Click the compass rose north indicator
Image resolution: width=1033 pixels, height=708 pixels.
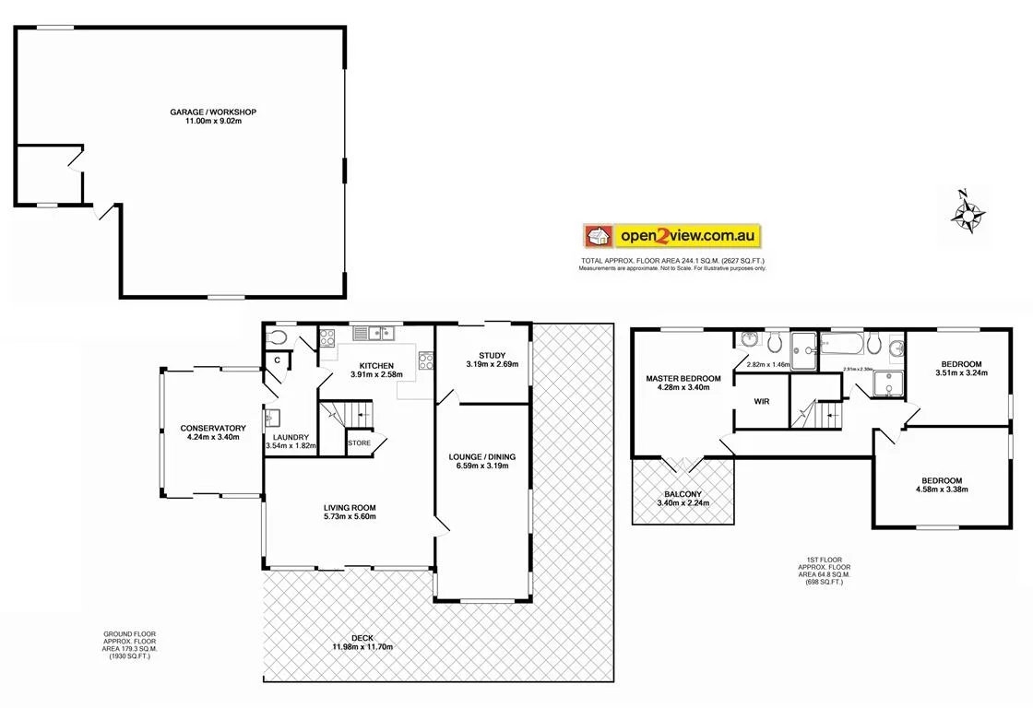[x=963, y=195]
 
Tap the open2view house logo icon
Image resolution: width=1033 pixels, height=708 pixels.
[x=598, y=236]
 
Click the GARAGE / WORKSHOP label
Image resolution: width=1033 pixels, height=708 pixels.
[x=213, y=112]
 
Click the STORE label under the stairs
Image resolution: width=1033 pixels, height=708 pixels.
[x=359, y=443]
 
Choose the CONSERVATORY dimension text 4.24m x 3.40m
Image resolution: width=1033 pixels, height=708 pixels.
[x=213, y=437]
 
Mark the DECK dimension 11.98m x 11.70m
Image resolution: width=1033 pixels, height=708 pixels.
[x=363, y=646]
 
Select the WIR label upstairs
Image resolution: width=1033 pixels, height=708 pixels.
[x=762, y=402]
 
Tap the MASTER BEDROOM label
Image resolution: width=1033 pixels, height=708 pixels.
[x=683, y=379]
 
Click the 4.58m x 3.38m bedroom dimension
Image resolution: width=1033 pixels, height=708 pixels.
[x=941, y=490]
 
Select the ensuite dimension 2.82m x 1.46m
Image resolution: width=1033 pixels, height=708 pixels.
[x=768, y=365]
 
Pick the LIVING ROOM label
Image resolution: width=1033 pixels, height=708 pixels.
[x=350, y=508]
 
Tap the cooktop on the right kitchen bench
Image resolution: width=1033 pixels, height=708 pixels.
[x=425, y=360]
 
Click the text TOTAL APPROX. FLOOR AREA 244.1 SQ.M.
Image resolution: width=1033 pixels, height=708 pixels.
[x=672, y=261]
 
